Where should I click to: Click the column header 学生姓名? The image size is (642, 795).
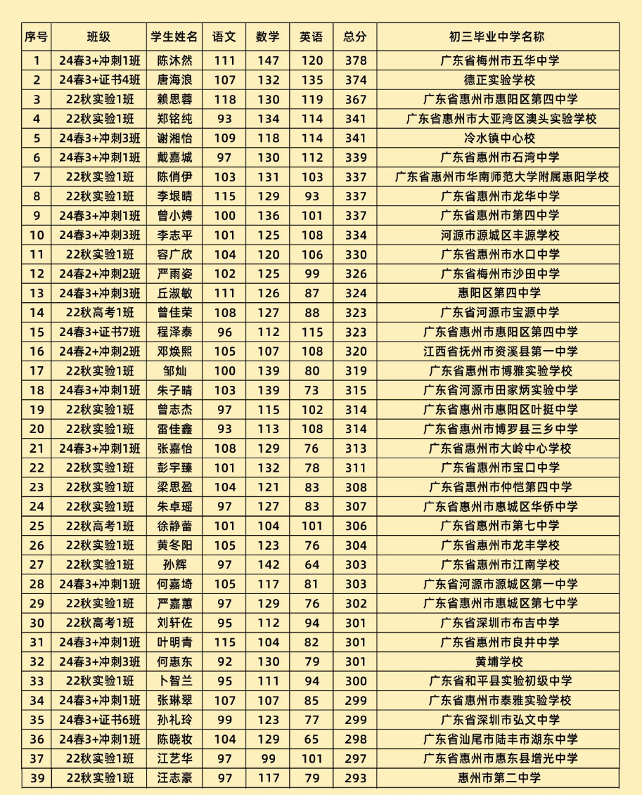point(174,37)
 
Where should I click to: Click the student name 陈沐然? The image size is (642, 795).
point(174,60)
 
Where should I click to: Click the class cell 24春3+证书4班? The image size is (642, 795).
point(99,80)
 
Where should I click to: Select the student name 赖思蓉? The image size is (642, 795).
point(174,99)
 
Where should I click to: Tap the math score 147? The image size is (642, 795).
point(268,60)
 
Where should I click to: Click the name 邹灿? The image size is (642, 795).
point(174,370)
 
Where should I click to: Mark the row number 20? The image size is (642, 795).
point(37,429)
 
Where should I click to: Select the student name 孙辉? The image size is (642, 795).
point(174,564)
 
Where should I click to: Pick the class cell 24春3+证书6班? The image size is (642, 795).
point(99,719)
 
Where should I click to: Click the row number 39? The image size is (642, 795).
point(37,777)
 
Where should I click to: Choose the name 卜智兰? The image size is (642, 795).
point(174,680)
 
